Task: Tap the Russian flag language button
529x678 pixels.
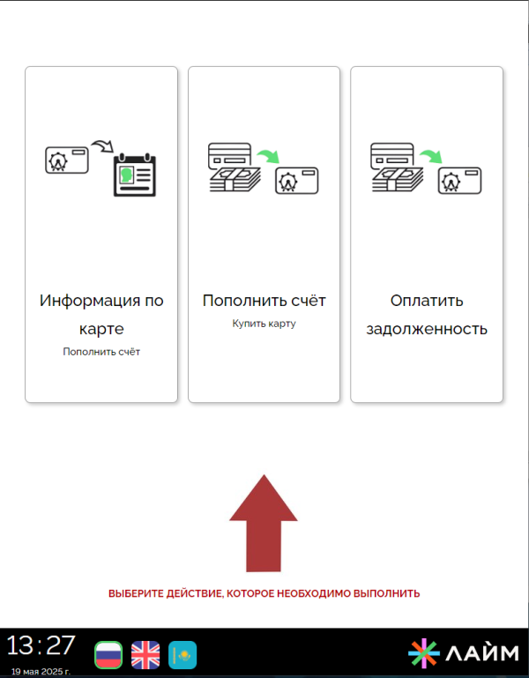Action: tap(108, 655)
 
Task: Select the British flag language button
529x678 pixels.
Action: tap(145, 655)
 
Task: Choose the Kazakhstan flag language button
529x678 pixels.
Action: tap(183, 655)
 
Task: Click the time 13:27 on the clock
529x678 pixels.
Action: tap(41, 645)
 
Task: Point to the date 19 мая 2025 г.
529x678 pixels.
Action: tap(41, 672)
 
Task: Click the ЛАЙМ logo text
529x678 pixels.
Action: tap(482, 653)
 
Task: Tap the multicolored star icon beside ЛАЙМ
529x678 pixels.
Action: tap(424, 653)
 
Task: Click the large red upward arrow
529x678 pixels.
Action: tap(264, 523)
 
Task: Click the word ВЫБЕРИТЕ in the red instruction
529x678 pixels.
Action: tap(136, 593)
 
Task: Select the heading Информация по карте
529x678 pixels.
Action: tap(101, 315)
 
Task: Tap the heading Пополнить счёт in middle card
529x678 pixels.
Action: tap(264, 300)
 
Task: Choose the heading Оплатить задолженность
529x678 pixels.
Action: tap(427, 315)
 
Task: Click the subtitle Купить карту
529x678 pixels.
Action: tap(264, 324)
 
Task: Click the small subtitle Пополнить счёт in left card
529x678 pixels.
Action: tap(101, 352)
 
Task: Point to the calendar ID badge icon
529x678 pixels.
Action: tap(135, 175)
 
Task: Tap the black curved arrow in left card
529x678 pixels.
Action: tap(102, 145)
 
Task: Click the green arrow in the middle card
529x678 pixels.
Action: tap(269, 156)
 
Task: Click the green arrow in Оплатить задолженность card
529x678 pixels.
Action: tap(431, 156)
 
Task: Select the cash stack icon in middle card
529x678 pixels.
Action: tap(235, 179)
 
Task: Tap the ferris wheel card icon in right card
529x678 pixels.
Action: tap(460, 181)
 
